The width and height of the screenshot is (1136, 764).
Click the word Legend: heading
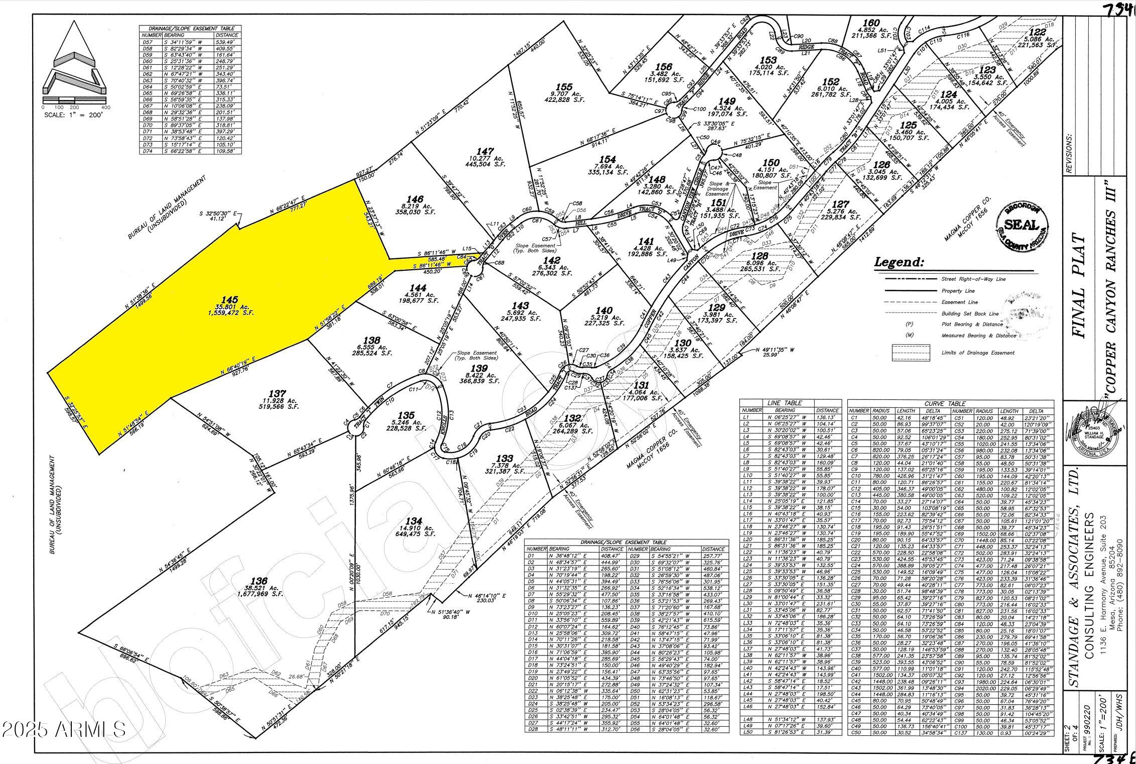[899, 262]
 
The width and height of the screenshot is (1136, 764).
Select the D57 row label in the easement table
[148, 42]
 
